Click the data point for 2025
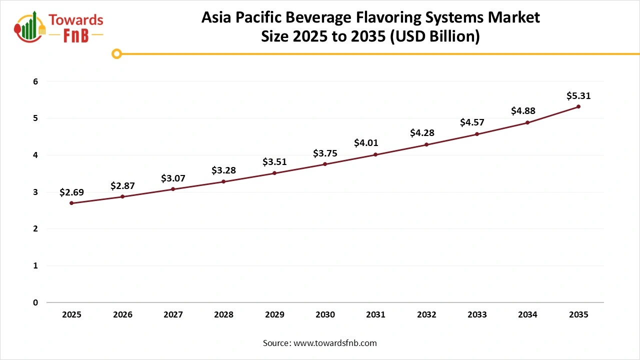pos(71,203)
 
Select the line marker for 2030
pos(325,164)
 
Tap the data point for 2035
pos(578,106)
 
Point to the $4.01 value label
pos(366,143)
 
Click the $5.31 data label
pos(578,95)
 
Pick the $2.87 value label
pos(122,186)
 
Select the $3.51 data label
pos(274,162)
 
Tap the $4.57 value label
pos(472,122)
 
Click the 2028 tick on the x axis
pos(223,314)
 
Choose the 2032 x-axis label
pos(426,314)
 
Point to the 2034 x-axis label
pos(527,314)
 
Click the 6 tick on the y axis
pos(35,81)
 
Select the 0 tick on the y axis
pos(35,302)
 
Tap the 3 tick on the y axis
pos(35,192)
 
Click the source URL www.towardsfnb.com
pos(335,343)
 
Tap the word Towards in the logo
pos(76,20)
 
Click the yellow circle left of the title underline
pos(117,53)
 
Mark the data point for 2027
pos(173,189)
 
